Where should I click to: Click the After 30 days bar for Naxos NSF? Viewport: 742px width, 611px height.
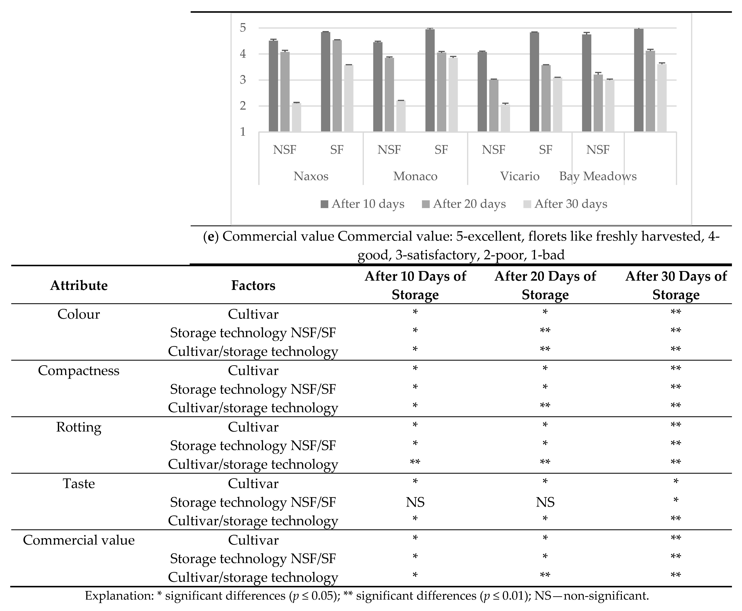pyautogui.click(x=296, y=117)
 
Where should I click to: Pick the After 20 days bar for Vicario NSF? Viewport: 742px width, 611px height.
pyautogui.click(x=494, y=106)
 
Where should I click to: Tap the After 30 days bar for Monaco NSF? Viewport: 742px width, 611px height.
pyautogui.click(x=401, y=116)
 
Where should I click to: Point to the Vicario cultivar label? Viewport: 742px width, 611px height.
pyautogui.click(x=520, y=176)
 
